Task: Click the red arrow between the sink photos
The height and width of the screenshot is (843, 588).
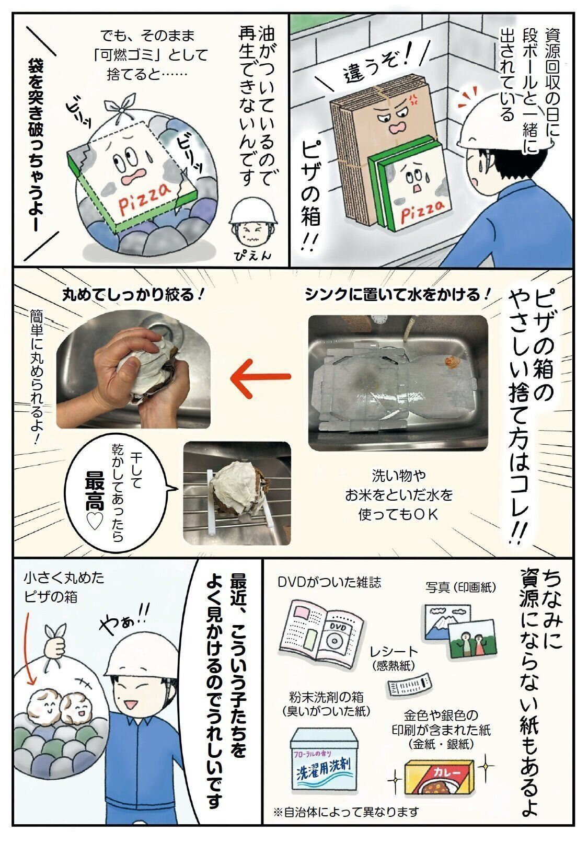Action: pyautogui.click(x=260, y=376)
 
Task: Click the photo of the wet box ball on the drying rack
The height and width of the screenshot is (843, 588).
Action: pyautogui.click(x=237, y=493)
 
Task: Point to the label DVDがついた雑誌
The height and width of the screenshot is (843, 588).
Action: pyautogui.click(x=329, y=582)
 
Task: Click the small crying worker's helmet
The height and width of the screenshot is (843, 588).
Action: pyautogui.click(x=253, y=213)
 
